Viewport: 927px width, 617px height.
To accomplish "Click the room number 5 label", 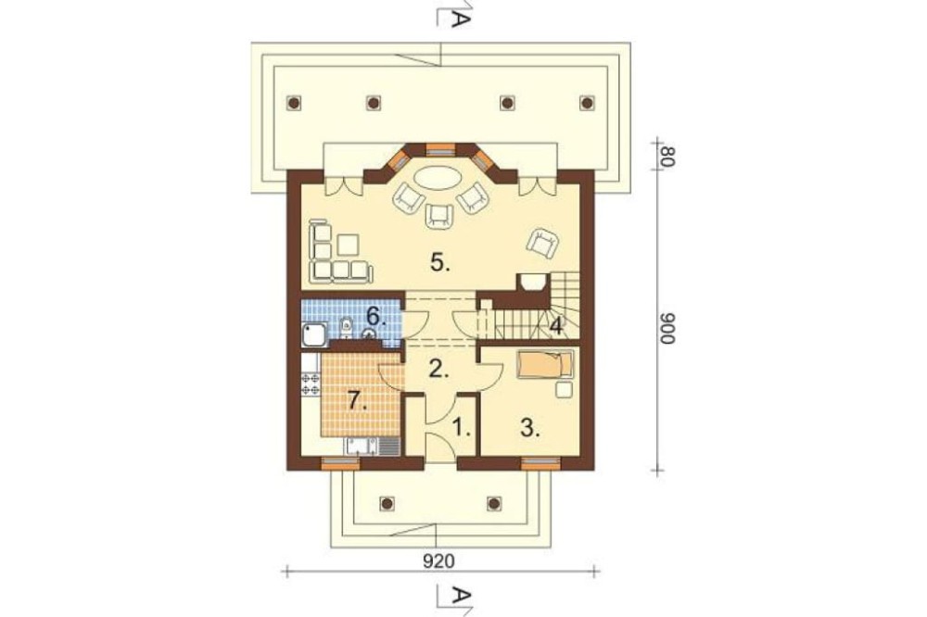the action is [439, 262].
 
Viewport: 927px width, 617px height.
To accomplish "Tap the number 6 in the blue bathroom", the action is [376, 317].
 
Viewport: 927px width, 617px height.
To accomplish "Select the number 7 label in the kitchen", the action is [357, 401].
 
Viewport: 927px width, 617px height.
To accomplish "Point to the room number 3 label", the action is [530, 427].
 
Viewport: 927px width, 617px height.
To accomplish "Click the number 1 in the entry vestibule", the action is [462, 427].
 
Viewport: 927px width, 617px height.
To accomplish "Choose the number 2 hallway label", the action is [438, 369].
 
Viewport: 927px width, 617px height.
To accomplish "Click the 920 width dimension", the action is [439, 560].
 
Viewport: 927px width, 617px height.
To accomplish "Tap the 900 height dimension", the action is [667, 329].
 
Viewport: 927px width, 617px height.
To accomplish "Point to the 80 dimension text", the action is [667, 156].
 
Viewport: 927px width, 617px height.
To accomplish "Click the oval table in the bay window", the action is [438, 177].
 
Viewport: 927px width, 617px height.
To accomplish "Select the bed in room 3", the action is [545, 364].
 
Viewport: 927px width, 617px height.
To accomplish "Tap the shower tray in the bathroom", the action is [314, 334].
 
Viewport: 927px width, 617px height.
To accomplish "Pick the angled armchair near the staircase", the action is [543, 242].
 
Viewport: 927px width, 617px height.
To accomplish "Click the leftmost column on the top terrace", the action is [293, 103].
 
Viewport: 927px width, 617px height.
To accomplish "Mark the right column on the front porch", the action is [493, 503].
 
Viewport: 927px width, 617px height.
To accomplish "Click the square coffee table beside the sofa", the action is [349, 246].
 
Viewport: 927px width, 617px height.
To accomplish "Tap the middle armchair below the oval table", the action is [438, 214].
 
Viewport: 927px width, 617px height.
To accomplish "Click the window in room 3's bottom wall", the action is [540, 463].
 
